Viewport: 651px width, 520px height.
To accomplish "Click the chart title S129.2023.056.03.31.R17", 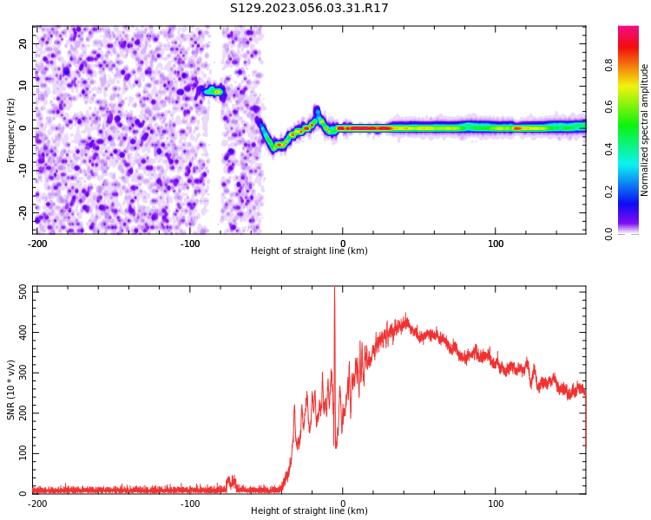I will point(309,9).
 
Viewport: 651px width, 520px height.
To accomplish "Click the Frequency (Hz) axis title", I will point(11,130).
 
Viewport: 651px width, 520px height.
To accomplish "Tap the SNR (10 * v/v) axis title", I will point(11,390).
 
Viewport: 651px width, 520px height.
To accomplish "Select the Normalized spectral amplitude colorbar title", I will point(645,130).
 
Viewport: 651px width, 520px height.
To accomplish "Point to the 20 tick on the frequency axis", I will point(23,43).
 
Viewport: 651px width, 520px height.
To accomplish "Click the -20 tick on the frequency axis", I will point(22,211).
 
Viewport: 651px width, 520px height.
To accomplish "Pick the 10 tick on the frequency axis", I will point(23,86).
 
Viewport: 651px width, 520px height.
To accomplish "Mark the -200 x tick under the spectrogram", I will point(37,242).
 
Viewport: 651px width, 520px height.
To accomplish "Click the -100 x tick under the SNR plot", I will point(190,503).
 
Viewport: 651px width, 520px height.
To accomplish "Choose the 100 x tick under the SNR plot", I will point(496,503).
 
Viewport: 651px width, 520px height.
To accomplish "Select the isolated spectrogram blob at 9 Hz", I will point(212,90).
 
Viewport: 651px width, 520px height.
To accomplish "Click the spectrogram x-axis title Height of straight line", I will point(309,251).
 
